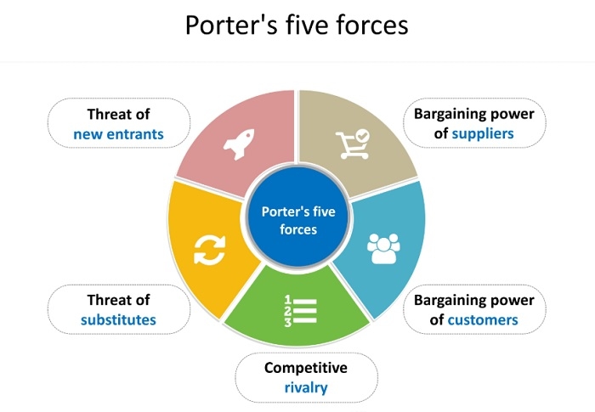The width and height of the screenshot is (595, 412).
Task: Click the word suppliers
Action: pos(483,133)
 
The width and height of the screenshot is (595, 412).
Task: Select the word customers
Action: pos(482,319)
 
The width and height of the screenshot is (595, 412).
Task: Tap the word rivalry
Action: pos(306,389)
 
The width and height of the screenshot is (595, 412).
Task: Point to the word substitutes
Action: pos(118,319)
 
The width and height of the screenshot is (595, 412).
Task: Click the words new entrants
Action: pos(118,133)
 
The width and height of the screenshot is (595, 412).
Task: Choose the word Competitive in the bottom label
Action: pos(306,368)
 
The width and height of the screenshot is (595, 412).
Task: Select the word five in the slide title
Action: pos(309,25)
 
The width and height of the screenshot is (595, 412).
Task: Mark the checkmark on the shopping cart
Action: pos(363,135)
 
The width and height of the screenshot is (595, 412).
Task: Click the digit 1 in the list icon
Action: pos(287,300)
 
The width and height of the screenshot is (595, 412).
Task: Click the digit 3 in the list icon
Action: pos(287,323)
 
